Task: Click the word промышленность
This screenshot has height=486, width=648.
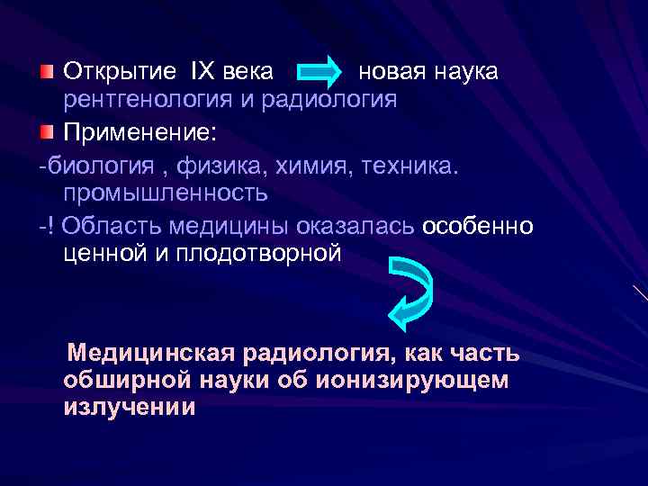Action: [166, 192]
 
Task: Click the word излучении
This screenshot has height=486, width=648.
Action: [129, 408]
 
